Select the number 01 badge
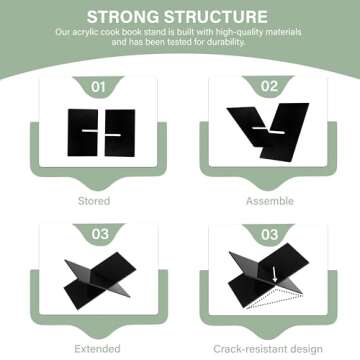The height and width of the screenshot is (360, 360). tap(98, 87)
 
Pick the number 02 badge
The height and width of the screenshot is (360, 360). tap(269, 86)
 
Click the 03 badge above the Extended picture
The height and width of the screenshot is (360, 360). tap(100, 234)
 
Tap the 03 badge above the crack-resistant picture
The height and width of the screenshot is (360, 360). tap(269, 234)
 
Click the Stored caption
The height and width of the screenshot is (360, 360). tap(94, 201)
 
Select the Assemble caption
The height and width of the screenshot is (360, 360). tap(270, 201)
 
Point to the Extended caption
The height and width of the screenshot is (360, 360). tap(97, 349)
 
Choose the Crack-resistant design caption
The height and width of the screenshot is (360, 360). tap(268, 349)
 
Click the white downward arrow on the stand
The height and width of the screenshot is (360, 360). tap(275, 274)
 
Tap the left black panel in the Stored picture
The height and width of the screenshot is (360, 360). tap(83, 133)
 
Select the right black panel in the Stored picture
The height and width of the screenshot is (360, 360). tap(120, 133)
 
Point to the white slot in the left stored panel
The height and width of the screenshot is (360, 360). tap(90, 131)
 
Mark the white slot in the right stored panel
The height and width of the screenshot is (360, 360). tap(113, 135)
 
